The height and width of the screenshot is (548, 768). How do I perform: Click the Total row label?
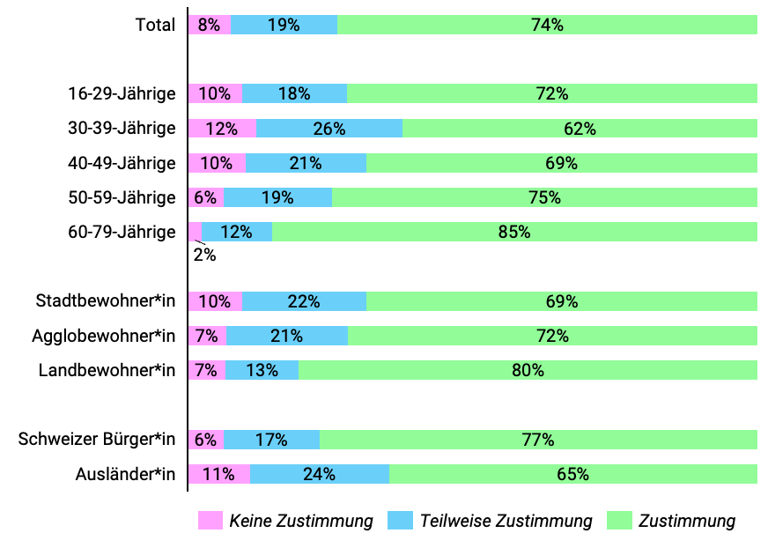pyautogui.click(x=155, y=25)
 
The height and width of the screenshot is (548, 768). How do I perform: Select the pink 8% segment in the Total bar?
pyautogui.click(x=209, y=25)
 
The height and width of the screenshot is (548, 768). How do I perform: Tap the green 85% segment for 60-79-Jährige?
pyautogui.click(x=514, y=232)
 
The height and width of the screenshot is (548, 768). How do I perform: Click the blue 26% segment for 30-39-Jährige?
pyautogui.click(x=329, y=129)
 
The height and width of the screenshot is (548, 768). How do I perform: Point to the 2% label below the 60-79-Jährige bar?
pyautogui.click(x=204, y=255)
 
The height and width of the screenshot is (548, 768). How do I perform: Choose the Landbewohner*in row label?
pyautogui.click(x=107, y=370)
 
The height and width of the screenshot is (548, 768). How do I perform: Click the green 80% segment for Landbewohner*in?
pyautogui.click(x=528, y=370)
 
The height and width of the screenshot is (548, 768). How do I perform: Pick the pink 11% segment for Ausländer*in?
pyautogui.click(x=218, y=474)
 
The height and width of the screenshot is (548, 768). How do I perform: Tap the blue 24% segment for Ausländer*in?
pyautogui.click(x=319, y=474)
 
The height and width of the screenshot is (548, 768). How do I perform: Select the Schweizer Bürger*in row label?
pyautogui.click(x=97, y=440)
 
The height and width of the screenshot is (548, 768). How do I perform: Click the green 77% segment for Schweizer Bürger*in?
pyautogui.click(x=538, y=440)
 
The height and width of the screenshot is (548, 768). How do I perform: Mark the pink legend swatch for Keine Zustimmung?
pyautogui.click(x=210, y=521)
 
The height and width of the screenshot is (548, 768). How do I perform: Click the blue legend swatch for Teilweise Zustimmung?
pyautogui.click(x=400, y=521)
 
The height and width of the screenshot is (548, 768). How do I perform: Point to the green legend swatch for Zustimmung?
pyautogui.click(x=619, y=521)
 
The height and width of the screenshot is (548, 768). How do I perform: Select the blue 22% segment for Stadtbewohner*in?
pyautogui.click(x=304, y=301)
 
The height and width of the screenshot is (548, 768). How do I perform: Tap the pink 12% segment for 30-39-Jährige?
pyautogui.click(x=222, y=129)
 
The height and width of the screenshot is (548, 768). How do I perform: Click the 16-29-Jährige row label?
pyautogui.click(x=122, y=93)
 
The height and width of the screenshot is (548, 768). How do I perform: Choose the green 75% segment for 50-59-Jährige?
pyautogui.click(x=544, y=197)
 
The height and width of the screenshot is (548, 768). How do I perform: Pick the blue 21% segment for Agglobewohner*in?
pyautogui.click(x=287, y=336)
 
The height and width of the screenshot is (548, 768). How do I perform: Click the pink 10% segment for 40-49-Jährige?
pyautogui.click(x=217, y=163)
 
